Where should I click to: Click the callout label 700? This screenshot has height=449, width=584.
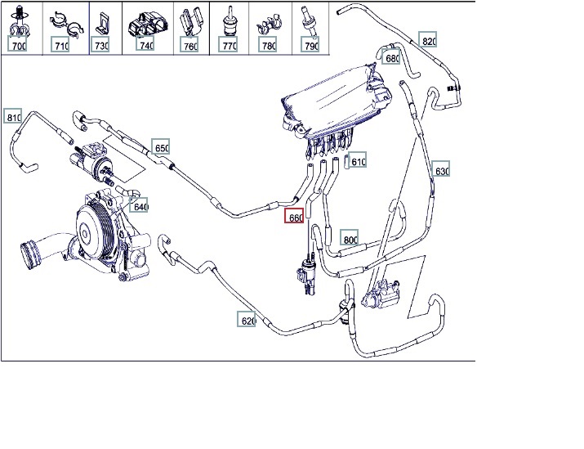(x=19, y=46)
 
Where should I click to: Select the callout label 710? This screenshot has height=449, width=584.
(x=61, y=46)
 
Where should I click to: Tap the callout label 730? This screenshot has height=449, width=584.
(x=101, y=46)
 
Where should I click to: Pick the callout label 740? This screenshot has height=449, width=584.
(x=146, y=46)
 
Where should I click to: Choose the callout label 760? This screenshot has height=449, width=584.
(x=190, y=46)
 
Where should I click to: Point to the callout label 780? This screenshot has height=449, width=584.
(x=268, y=46)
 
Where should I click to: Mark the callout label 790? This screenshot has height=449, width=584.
(x=310, y=46)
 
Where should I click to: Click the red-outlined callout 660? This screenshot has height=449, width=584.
(x=294, y=218)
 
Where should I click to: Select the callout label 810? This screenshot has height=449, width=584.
(x=13, y=117)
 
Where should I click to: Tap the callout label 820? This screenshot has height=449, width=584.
(x=430, y=41)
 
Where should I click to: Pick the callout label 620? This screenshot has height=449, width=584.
(x=248, y=321)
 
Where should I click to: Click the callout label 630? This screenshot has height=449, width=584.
(x=442, y=171)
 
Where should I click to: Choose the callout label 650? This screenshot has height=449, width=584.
(x=162, y=148)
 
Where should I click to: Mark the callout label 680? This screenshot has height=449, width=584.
(x=392, y=58)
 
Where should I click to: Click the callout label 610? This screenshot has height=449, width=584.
(x=358, y=161)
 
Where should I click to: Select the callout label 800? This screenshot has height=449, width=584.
(x=350, y=239)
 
